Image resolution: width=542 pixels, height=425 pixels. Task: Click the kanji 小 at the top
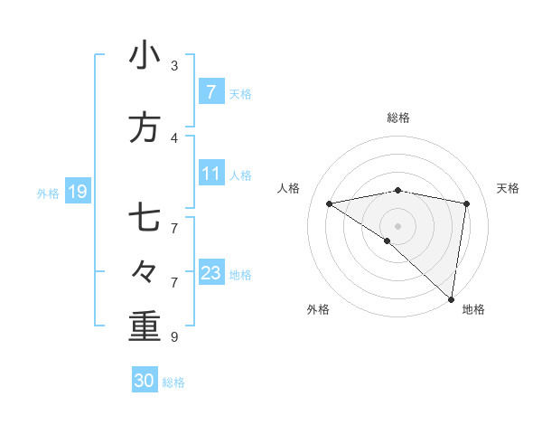(145, 56)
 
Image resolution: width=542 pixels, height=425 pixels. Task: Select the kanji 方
(145, 127)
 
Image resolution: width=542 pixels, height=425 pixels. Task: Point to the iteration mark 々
(145, 272)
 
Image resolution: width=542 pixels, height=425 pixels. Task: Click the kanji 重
(145, 326)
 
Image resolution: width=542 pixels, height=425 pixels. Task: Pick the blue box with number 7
(210, 92)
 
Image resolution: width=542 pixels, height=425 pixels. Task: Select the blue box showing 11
(210, 174)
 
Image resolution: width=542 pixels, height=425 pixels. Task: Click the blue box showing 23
(210, 273)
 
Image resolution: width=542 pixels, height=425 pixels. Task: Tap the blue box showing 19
(77, 192)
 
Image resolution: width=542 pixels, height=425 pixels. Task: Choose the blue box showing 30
(145, 382)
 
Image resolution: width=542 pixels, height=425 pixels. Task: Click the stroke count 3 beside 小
(174, 65)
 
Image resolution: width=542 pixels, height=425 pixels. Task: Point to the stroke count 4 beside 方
(174, 137)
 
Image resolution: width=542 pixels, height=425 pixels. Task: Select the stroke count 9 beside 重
(174, 336)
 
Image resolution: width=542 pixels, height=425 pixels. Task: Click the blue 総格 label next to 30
(173, 382)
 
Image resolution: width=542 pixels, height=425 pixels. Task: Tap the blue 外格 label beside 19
(48, 193)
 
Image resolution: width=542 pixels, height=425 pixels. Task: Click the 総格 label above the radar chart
(397, 118)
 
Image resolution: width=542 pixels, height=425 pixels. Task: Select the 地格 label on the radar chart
(473, 309)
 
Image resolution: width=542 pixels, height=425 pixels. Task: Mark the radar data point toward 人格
(330, 203)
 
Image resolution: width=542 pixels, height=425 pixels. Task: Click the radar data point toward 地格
(452, 298)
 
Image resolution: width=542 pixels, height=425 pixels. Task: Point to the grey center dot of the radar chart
(397, 225)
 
